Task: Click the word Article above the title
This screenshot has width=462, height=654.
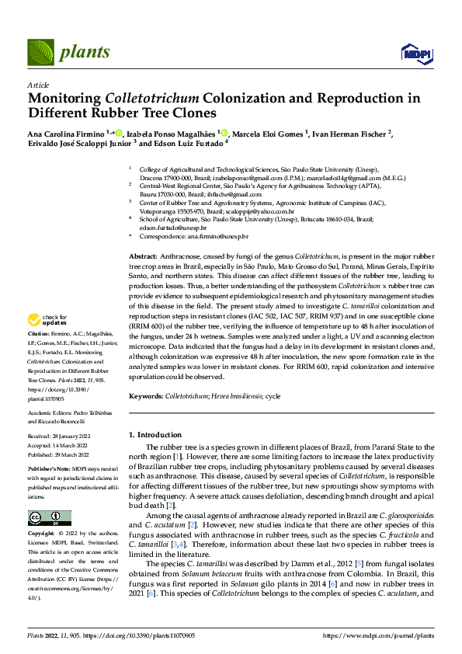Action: (38, 85)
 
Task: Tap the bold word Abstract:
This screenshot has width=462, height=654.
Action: (144, 254)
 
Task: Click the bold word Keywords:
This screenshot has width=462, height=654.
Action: (146, 395)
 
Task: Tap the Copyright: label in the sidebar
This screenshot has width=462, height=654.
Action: (41, 534)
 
